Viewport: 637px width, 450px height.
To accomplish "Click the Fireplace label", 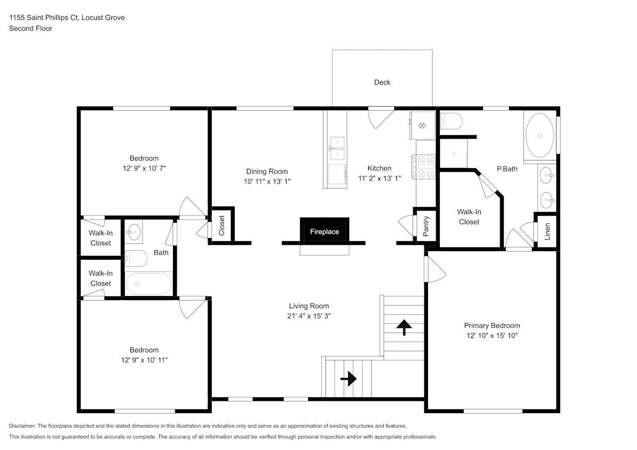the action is tap(324, 232).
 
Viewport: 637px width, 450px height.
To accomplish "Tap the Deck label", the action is tap(382, 82).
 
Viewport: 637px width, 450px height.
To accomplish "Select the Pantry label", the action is tap(426, 226).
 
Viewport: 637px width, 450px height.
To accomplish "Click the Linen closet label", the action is tap(547, 232).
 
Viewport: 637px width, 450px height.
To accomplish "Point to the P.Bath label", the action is tap(507, 169).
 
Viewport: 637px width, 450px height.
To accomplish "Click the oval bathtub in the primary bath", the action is tap(540, 135).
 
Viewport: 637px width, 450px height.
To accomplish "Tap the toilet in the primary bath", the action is tap(451, 121).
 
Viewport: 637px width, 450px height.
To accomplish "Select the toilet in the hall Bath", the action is tap(136, 258).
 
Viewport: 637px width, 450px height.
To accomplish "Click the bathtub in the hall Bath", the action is tap(149, 284).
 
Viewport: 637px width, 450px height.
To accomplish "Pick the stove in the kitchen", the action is tap(423, 167).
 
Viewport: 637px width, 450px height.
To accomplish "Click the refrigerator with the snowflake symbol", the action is tap(422, 125).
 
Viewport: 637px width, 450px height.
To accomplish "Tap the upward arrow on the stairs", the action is tap(404, 327).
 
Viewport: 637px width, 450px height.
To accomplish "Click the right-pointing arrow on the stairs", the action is tap(349, 379).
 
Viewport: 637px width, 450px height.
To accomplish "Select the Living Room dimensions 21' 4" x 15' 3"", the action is tap(309, 316).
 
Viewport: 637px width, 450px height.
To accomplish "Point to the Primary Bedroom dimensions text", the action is tap(492, 336).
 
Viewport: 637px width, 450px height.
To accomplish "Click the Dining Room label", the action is tap(267, 171).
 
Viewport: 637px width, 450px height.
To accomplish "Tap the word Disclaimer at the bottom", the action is tap(22, 426).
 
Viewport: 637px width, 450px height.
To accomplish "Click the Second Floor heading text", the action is tap(31, 28).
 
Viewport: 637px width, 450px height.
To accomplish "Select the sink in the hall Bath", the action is tap(134, 232).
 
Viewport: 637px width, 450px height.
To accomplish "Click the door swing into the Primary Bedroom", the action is tap(435, 269).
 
